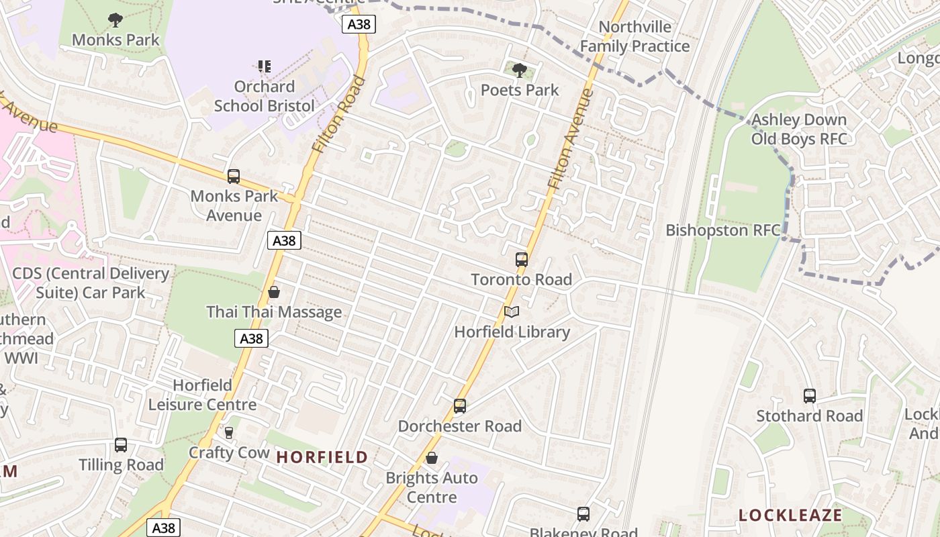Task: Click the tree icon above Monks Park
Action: (x=115, y=20)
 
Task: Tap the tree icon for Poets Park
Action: (x=519, y=70)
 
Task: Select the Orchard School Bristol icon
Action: (x=265, y=66)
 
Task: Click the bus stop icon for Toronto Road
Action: (x=521, y=259)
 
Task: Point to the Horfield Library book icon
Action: (x=512, y=312)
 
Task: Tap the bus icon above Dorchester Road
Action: (x=459, y=406)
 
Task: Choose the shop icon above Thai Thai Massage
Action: (x=273, y=292)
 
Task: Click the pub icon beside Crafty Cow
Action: (x=228, y=433)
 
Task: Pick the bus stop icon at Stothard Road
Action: (x=809, y=396)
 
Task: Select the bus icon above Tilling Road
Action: (x=121, y=444)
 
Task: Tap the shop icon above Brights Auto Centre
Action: (x=432, y=458)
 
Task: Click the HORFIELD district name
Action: (x=322, y=457)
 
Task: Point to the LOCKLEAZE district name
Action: (x=790, y=515)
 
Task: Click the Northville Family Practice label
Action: (x=634, y=36)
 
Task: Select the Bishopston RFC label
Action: (x=722, y=230)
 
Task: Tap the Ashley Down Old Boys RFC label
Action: (x=799, y=130)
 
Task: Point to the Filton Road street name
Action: (x=340, y=114)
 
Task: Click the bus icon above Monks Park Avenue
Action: (x=233, y=177)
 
